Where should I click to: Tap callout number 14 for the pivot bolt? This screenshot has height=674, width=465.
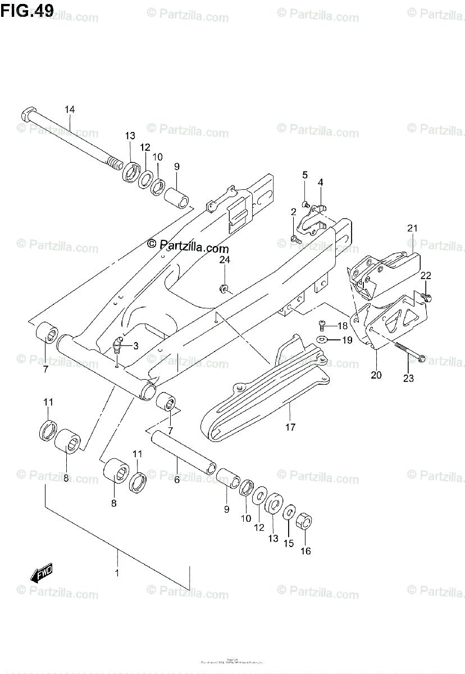(69, 109)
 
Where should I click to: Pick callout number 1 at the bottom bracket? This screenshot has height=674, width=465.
(117, 573)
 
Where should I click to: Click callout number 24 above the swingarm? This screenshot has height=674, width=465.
(225, 259)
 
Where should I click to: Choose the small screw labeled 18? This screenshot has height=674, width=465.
(323, 325)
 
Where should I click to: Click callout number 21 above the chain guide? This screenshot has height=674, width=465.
(413, 228)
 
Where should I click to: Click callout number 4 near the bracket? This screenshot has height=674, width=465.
(320, 182)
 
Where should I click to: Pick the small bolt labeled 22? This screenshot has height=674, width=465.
(427, 297)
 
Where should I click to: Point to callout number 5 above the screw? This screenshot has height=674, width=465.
(305, 175)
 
